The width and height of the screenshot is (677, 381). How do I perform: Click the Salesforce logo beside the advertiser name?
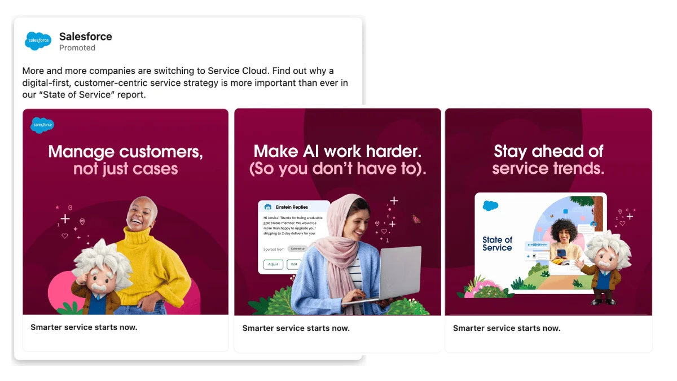click(x=38, y=41)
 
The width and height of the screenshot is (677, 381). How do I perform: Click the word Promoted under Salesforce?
click(x=77, y=48)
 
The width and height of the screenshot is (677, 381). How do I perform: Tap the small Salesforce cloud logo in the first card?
click(x=42, y=125)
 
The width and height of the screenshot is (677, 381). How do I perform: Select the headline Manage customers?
click(x=125, y=151)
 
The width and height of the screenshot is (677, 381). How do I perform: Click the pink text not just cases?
click(x=125, y=169)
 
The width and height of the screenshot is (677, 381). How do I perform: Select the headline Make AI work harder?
click(x=337, y=151)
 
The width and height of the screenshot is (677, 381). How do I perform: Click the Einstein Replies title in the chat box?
click(x=292, y=207)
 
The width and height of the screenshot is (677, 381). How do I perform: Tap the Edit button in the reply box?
click(x=293, y=264)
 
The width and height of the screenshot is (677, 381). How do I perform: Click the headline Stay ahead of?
click(x=548, y=151)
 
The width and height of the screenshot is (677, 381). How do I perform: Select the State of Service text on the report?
click(x=497, y=244)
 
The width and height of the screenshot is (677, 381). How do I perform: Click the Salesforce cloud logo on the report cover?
click(x=490, y=206)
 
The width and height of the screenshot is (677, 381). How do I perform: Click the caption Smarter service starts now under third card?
click(x=507, y=328)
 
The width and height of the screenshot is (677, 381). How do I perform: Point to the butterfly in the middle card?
click(x=417, y=219)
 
